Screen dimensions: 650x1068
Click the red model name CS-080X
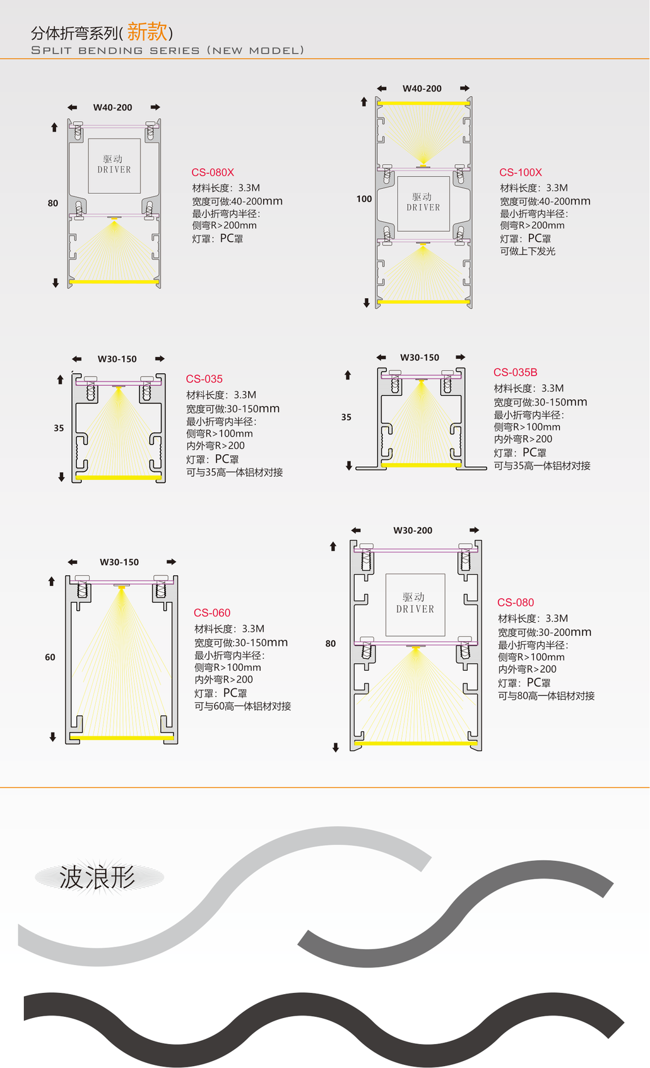point(213,172)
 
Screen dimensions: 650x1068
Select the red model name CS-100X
point(521,172)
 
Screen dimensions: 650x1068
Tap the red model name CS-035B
point(515,372)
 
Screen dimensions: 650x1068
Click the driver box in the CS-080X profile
point(114,166)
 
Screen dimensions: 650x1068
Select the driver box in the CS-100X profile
point(423,203)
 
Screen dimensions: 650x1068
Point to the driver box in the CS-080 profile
point(415,604)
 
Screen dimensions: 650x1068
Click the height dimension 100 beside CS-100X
point(364,199)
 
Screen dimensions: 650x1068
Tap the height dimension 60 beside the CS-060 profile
point(50,657)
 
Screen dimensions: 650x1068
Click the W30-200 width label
point(413,530)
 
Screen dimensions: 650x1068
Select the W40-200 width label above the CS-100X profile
point(422,88)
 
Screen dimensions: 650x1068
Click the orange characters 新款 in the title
point(147,32)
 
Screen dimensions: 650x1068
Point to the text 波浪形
point(98,877)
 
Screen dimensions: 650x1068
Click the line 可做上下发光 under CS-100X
point(528,251)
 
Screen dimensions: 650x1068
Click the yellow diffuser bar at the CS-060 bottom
point(122,738)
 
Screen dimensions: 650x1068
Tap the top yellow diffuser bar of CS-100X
point(423,103)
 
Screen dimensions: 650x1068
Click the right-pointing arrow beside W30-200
point(474,530)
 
